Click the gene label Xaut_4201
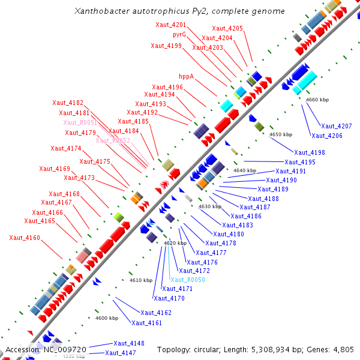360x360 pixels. click(170, 25)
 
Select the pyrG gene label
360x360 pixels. click(179, 35)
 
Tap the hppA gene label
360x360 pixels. click(187, 77)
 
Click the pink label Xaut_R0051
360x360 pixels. click(80, 122)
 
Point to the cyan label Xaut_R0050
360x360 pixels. click(188, 280)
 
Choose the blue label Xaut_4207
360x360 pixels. click(336, 126)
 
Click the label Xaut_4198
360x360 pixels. click(310, 152)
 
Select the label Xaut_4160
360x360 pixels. click(25, 238)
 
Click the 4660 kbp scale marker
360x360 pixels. click(317, 100)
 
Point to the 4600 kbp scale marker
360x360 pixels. click(107, 318)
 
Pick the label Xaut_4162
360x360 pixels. click(156, 313)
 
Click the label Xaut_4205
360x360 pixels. click(227, 28)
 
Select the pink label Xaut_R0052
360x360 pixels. click(113, 140)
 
